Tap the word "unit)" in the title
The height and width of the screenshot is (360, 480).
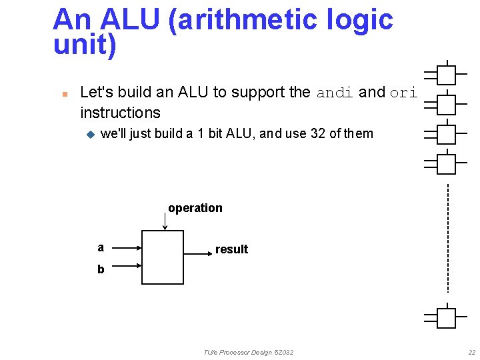pos(84,45)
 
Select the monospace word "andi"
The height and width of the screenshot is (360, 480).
pos(335,93)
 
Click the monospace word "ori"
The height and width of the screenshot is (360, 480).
pos(403,93)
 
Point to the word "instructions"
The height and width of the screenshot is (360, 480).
pos(120,113)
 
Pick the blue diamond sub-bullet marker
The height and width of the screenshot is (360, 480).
pos(91,134)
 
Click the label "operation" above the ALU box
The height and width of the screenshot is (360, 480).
pos(195,208)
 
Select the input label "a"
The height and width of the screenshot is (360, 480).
pos(101,247)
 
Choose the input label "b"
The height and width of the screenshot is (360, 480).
pos(101,269)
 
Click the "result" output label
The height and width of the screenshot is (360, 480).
pos(231,249)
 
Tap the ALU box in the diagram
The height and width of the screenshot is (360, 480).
pos(163,257)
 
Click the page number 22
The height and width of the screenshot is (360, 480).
pos(471,352)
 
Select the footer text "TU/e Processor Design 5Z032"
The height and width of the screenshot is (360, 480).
pos(249,352)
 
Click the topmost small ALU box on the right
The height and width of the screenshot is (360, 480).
pos(446,75)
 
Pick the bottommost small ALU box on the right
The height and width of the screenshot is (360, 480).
pos(446,318)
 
